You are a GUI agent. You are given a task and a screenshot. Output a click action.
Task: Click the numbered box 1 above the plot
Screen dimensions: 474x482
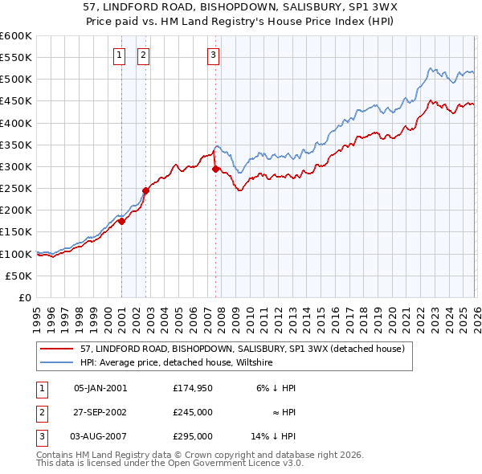(x=119, y=55)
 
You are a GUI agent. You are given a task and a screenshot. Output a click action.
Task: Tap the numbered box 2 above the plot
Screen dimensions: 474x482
(x=143, y=55)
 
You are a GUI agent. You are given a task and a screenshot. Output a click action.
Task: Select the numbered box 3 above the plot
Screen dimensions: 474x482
(x=213, y=55)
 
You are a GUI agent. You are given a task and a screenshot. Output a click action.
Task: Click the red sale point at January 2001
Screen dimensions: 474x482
(x=121, y=222)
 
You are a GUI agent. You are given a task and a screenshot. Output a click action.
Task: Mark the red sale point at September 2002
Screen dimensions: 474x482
(x=146, y=191)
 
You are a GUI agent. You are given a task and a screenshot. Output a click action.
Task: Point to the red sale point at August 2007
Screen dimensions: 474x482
(x=215, y=170)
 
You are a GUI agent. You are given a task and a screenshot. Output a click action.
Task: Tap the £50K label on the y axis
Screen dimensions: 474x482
(x=19, y=276)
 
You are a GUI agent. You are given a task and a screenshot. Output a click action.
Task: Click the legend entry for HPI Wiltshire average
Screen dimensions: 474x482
(x=177, y=363)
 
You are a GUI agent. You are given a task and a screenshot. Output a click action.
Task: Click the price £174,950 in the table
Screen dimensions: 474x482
(x=193, y=388)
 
